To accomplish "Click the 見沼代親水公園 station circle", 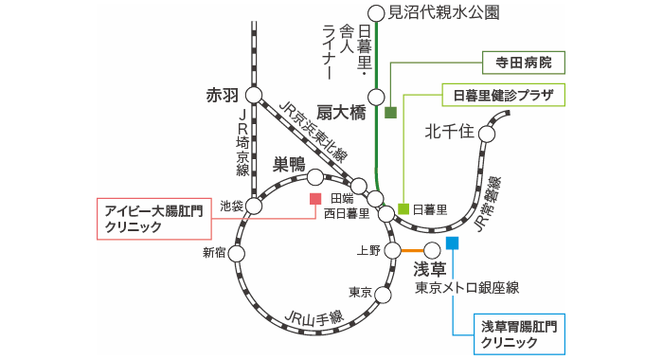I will tap(376, 12).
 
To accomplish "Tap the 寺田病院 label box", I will tap(517, 63).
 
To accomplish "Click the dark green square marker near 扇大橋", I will tap(390, 113).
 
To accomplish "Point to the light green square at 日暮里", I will tap(403, 208).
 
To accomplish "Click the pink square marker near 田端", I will tap(315, 199).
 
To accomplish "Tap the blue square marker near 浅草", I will tap(452, 243).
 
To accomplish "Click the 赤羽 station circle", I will tap(253, 95).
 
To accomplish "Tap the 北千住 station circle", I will tap(487, 134).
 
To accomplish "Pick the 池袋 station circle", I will tap(254, 204).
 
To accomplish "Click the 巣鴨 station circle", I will tap(315, 176).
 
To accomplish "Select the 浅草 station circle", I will tap(432, 250).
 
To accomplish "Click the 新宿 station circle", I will tap(238, 252).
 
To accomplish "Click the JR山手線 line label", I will tap(312, 318).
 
